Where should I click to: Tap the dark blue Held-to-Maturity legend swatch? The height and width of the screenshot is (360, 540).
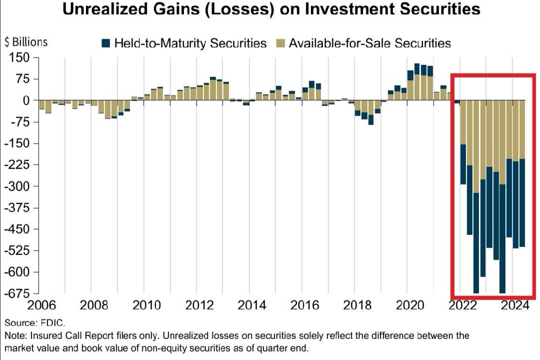105,43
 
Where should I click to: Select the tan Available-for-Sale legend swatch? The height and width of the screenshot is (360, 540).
280,43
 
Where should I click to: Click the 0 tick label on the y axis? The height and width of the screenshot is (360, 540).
25,100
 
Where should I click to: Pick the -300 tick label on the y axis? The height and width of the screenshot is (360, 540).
18,186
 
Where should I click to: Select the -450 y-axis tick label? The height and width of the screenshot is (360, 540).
18,229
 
